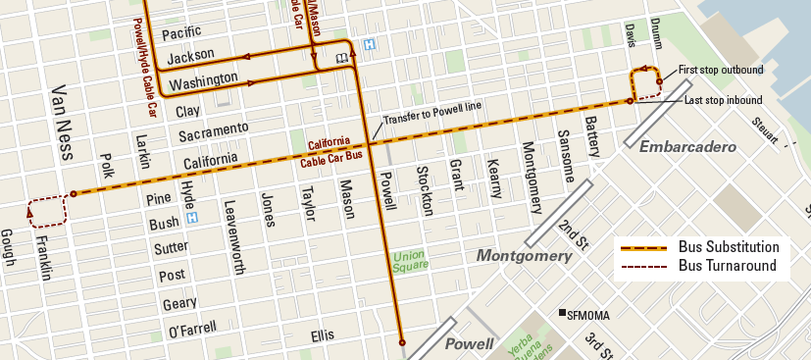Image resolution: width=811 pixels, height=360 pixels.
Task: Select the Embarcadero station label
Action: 687,146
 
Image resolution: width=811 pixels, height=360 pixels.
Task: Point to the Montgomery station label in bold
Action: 524,255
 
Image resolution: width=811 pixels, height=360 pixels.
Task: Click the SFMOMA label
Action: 585,314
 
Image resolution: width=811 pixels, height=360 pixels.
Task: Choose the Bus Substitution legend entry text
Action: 729,247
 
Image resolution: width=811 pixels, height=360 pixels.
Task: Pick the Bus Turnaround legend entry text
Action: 728,265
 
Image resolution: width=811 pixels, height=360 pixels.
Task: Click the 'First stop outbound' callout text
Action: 721,71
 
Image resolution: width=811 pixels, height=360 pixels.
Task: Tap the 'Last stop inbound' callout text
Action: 724,100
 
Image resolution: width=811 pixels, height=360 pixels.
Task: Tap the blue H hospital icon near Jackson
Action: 369,44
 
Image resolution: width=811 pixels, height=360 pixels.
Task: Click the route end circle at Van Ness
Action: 73,194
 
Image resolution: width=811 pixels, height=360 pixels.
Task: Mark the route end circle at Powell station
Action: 401,342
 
